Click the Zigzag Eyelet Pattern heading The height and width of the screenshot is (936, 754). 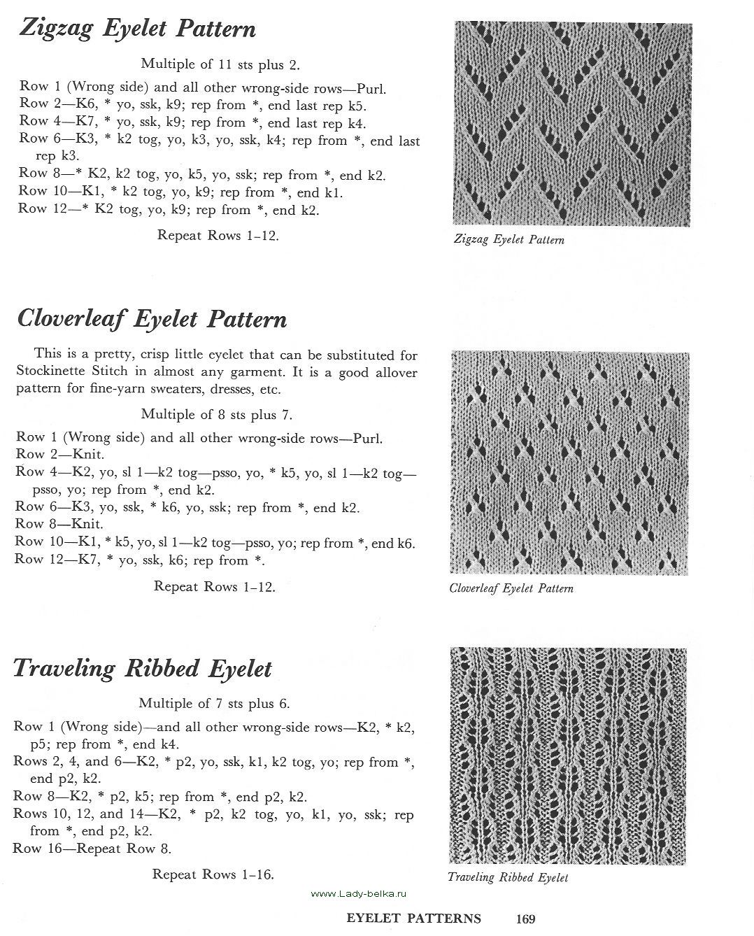[137, 29]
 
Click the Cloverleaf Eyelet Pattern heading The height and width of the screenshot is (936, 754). [151, 319]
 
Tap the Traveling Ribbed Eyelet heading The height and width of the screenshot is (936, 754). [142, 668]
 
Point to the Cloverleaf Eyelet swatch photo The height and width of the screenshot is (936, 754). [569, 463]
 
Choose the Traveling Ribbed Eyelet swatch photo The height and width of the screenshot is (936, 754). [568, 756]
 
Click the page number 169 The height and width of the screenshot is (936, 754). [525, 919]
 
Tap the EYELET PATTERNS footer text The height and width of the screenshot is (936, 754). [413, 919]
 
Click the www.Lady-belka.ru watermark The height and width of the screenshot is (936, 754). [358, 894]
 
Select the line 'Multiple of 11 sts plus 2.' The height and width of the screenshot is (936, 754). [220, 64]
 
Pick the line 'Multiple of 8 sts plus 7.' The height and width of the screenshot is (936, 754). [217, 414]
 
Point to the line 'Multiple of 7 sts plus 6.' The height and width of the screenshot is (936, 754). [214, 703]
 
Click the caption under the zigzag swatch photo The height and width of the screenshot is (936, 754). [508, 240]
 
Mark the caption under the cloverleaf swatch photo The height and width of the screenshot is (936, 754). [511, 588]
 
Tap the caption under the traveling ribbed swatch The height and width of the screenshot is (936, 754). [508, 877]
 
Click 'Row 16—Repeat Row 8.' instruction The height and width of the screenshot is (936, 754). [92, 849]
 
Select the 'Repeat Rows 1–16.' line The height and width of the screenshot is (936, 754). [213, 874]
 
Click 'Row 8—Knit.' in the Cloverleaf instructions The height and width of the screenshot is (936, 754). [59, 524]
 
